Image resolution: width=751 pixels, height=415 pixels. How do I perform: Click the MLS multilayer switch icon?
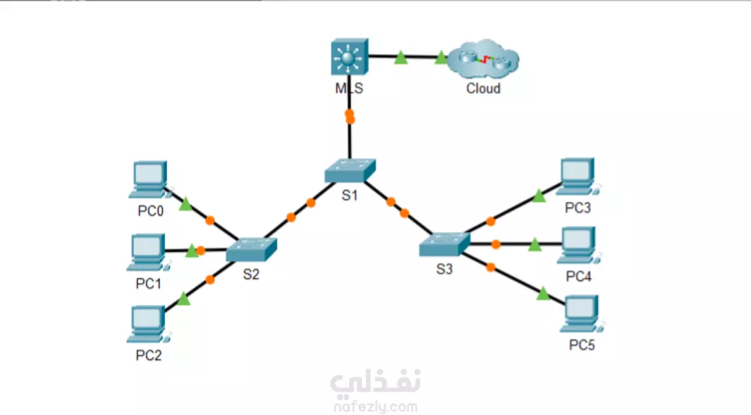click(x=348, y=57)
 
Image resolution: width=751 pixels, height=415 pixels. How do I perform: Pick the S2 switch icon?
click(x=252, y=249)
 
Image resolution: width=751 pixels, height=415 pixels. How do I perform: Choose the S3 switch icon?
click(x=444, y=245)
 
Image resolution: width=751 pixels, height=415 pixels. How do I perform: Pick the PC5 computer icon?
click(x=581, y=315)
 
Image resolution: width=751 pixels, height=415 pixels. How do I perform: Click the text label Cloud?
click(x=483, y=89)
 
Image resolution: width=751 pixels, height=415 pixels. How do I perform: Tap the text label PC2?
click(x=149, y=355)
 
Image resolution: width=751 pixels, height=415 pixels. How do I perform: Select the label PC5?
click(x=582, y=345)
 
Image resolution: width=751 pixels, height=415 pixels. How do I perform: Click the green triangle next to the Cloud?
click(x=442, y=58)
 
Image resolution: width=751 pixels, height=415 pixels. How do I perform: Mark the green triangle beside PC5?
click(x=542, y=294)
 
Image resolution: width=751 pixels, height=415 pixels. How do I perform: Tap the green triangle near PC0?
click(x=185, y=205)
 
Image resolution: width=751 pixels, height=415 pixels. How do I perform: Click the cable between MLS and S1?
click(x=349, y=134)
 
